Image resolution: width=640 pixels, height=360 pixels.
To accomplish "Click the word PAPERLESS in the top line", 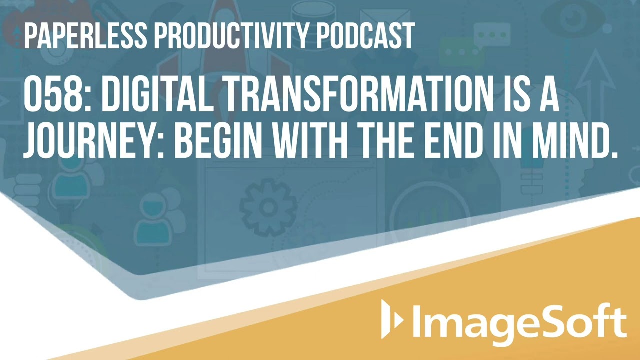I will point(85,35).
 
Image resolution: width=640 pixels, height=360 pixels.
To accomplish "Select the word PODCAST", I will point(366,35).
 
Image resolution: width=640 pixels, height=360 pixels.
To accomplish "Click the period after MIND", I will point(614,154).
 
